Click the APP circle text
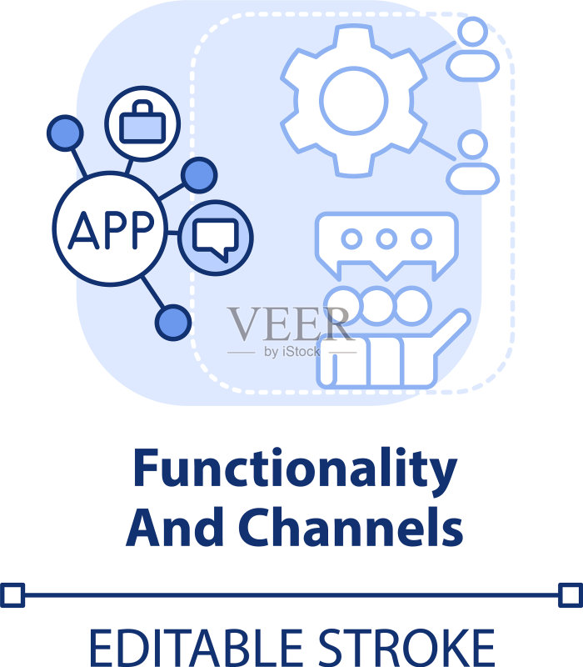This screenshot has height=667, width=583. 111,229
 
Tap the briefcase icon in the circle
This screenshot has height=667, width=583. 142,122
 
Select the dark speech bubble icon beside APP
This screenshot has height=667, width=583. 216,239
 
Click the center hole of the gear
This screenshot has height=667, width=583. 353,101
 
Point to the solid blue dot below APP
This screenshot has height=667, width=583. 173,323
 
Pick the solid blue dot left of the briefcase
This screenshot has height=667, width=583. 65,133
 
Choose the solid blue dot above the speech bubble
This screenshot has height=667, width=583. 199,175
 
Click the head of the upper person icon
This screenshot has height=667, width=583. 472,31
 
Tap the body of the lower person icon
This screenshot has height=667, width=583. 472,178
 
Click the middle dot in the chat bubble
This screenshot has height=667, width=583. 386,238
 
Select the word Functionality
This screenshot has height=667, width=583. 296,470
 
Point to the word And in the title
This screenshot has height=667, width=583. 175,527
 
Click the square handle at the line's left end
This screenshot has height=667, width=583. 12,594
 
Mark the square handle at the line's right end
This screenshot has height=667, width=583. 571,594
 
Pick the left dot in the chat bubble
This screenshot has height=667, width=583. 351,238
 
